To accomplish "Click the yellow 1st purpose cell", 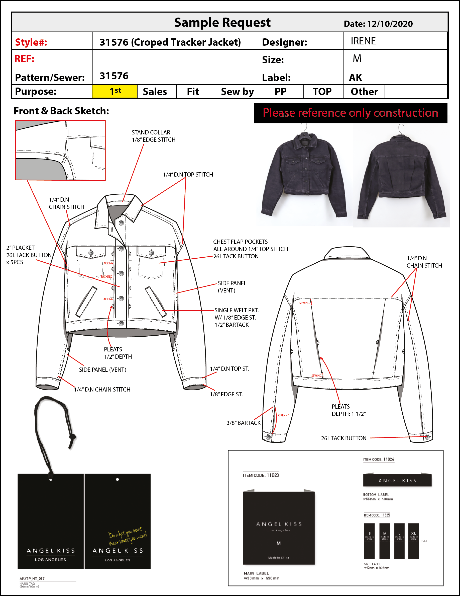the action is point(115,91).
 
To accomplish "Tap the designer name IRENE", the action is point(363,41).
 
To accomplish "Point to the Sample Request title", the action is point(222,23).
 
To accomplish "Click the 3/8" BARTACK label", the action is point(243,423).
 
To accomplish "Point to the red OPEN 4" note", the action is point(283,415).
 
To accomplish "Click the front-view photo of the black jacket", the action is point(304,175).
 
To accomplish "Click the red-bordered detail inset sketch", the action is point(60,150).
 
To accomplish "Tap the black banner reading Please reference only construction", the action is point(350,113).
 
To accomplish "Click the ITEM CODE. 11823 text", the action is point(261,475).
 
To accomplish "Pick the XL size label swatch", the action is point(413,541).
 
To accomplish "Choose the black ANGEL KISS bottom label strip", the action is point(397,481).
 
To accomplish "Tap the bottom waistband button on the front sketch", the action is point(121,324).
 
